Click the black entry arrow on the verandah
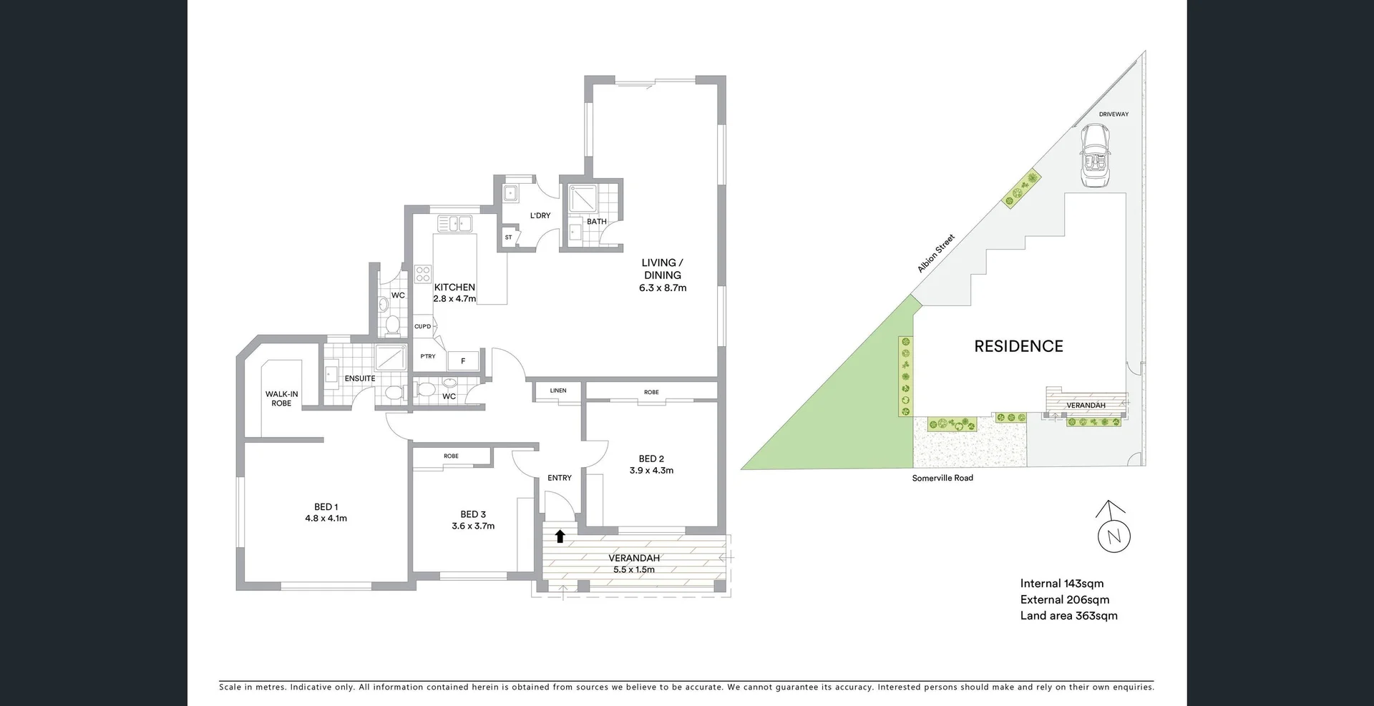(x=560, y=536)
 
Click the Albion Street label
(x=936, y=253)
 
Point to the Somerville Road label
(x=942, y=478)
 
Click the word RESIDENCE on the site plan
(x=1018, y=346)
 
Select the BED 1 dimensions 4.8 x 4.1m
(x=326, y=519)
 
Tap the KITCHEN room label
(x=454, y=287)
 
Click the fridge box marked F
(x=463, y=361)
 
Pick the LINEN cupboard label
(x=558, y=391)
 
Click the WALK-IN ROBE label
(x=281, y=398)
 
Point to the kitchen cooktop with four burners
(x=423, y=273)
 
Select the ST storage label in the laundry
(x=508, y=237)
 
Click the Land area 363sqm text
(x=1068, y=616)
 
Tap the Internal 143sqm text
(x=1062, y=584)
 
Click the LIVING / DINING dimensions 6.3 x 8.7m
(x=662, y=288)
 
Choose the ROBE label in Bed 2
(x=651, y=392)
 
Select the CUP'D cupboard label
(x=422, y=327)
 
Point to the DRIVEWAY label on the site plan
(x=1114, y=114)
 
